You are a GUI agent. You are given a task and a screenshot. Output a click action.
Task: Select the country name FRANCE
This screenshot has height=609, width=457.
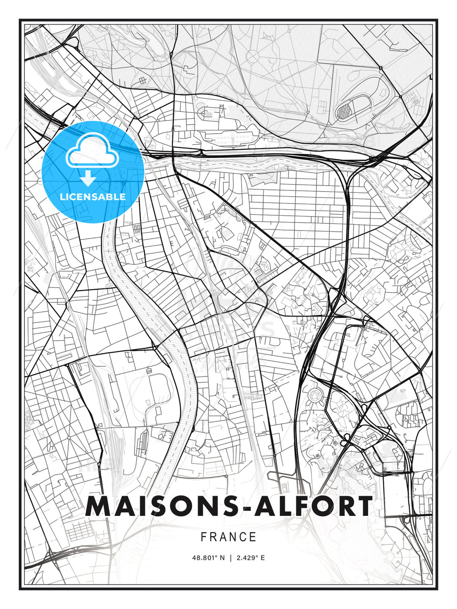(228, 537)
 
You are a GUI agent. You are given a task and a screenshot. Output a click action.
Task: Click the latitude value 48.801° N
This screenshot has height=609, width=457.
(208, 558)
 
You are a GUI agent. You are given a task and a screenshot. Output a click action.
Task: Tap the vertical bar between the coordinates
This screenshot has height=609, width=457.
(231, 558)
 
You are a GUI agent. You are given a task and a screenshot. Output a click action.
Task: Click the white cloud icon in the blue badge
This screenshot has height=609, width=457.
(91, 150)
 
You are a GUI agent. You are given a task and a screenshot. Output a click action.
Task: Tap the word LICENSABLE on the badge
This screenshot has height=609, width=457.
(93, 197)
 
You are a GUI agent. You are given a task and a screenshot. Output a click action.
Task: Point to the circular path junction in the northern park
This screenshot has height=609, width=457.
(253, 55)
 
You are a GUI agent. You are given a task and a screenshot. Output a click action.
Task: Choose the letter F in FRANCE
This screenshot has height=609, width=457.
(204, 537)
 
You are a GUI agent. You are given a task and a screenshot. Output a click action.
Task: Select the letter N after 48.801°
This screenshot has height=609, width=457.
(222, 558)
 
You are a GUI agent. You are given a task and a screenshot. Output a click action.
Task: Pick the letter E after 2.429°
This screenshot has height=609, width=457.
(263, 558)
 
